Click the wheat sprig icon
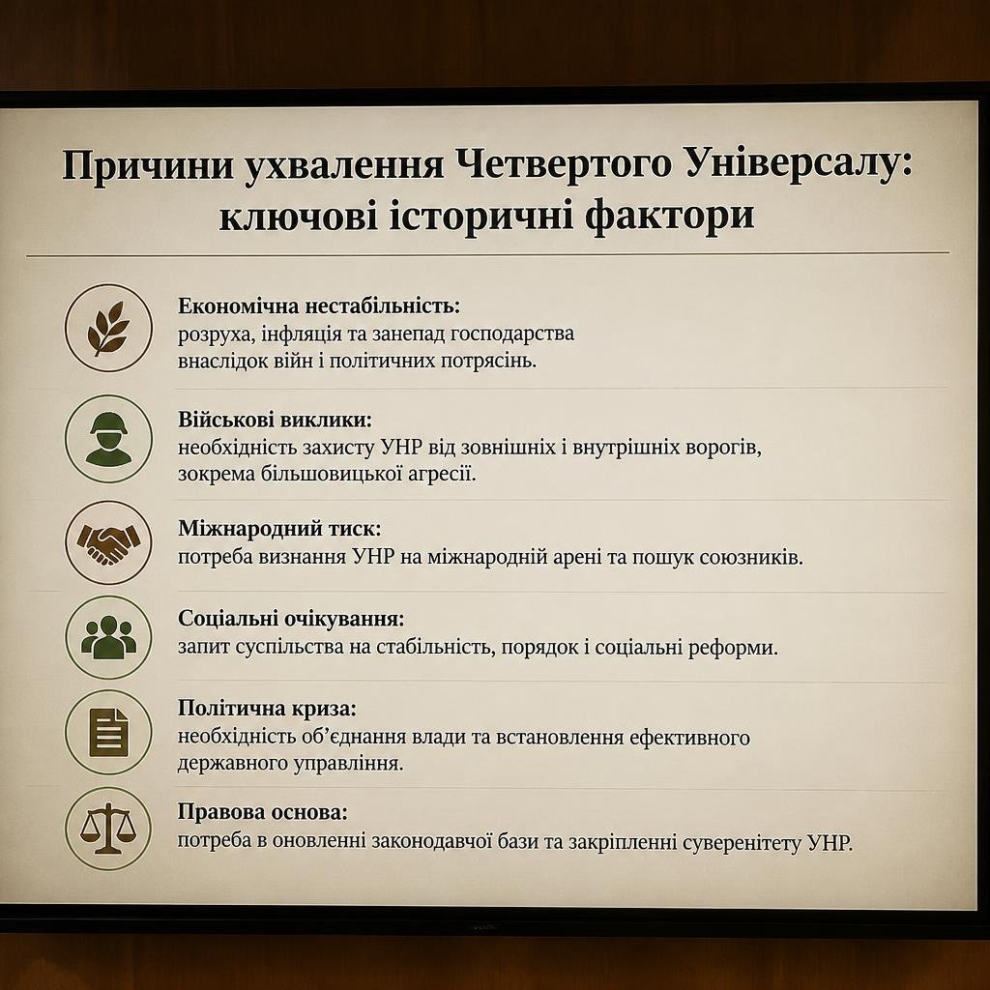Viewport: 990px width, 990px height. tap(108, 328)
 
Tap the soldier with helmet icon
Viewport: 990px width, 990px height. tap(108, 439)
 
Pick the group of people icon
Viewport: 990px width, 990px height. tap(108, 637)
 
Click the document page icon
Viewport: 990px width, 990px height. tap(108, 733)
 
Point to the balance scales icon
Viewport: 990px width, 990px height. tap(108, 829)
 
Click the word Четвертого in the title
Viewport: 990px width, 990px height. tap(564, 165)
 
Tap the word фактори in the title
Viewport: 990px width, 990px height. tap(669, 216)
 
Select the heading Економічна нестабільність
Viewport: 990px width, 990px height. tap(319, 306)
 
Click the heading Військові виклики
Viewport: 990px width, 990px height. tap(275, 420)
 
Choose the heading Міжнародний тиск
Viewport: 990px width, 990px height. tap(279, 529)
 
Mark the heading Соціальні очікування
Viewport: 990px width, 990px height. tap(290, 618)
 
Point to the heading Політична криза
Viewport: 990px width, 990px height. tap(267, 709)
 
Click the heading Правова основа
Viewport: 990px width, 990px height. tap(262, 812)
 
